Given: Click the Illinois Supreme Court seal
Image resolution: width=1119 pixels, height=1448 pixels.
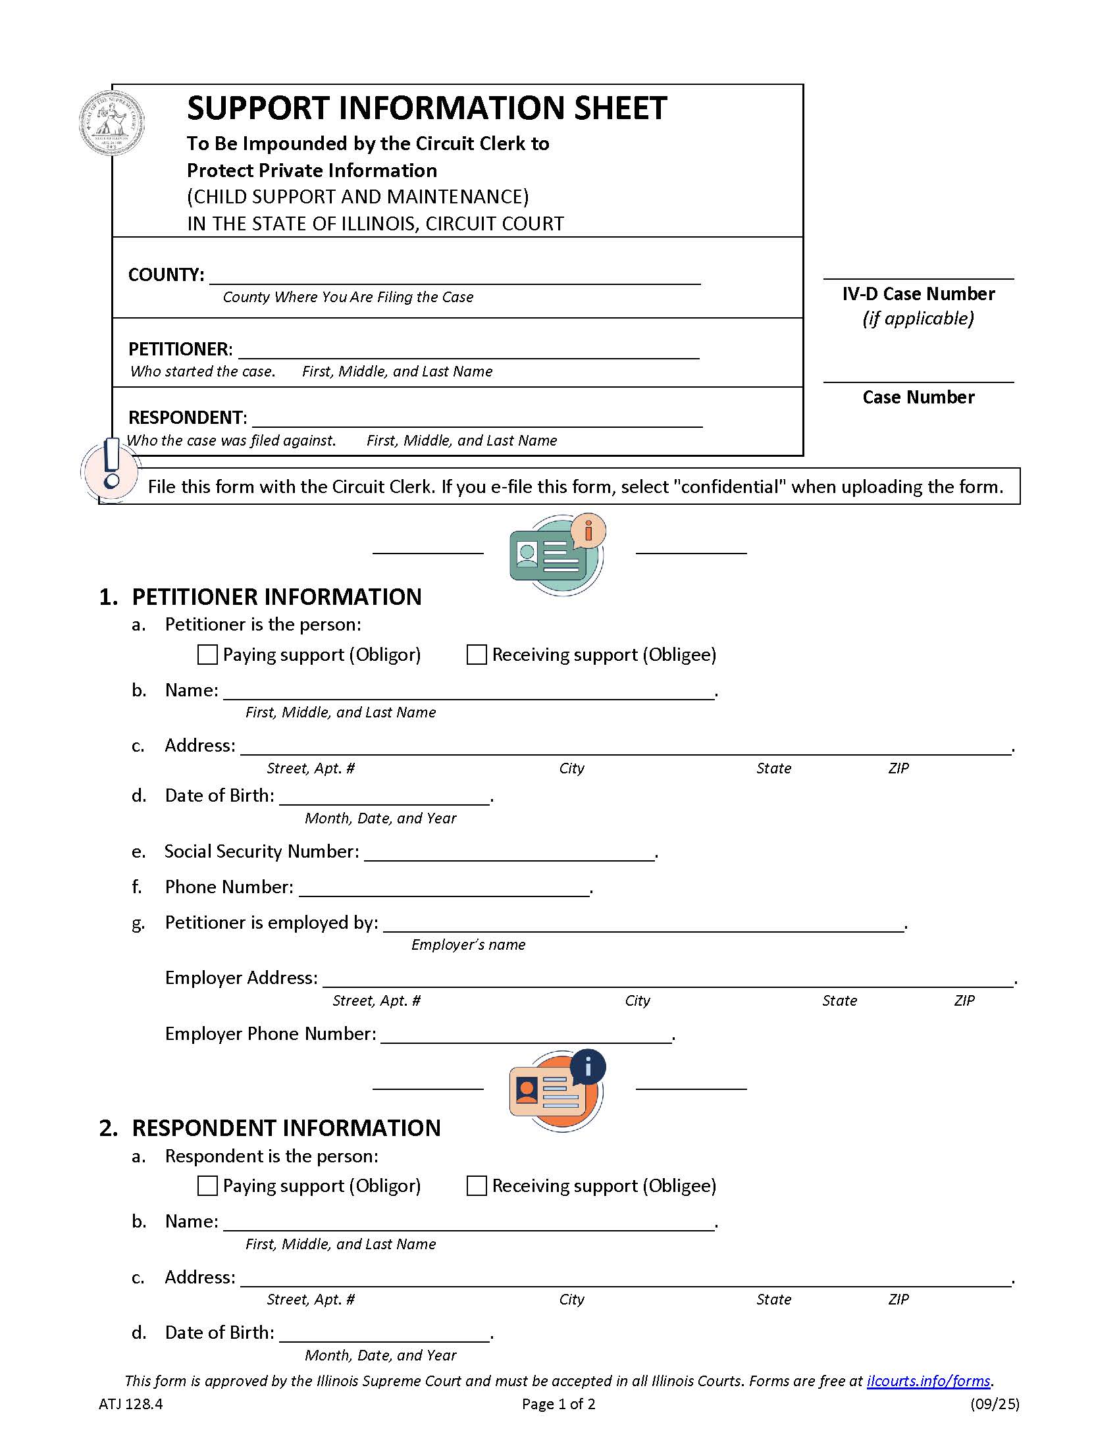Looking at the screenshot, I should (112, 123).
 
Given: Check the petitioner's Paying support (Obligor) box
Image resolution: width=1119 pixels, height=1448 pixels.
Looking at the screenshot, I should (207, 654).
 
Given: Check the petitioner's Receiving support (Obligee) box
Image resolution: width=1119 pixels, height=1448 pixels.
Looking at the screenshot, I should (477, 654).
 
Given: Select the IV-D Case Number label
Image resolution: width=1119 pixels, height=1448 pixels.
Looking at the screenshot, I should (918, 294).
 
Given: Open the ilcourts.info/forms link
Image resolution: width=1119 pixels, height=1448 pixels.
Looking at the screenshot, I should (928, 1381).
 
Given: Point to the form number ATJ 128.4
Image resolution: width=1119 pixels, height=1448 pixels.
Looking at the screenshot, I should (130, 1404).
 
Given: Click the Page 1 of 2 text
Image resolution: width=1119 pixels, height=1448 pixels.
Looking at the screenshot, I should (558, 1404).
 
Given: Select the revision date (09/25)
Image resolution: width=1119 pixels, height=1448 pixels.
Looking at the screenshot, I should (995, 1404).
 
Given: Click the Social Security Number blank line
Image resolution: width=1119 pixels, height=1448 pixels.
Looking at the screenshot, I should (509, 854).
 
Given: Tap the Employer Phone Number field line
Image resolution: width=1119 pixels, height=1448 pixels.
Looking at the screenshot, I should (527, 1036).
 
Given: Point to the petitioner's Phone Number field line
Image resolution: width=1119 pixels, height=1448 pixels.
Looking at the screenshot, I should (444, 890).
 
